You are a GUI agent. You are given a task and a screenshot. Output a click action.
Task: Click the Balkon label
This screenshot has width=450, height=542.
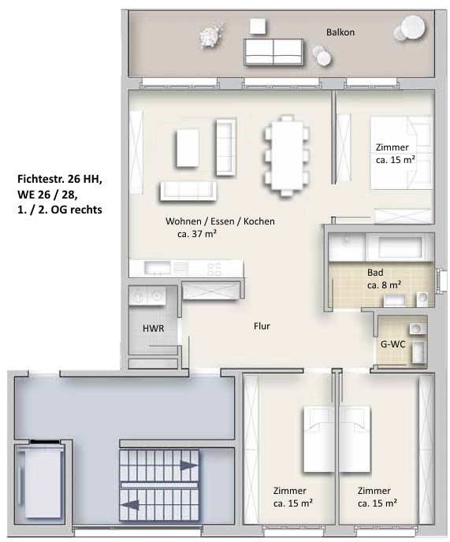(340, 32)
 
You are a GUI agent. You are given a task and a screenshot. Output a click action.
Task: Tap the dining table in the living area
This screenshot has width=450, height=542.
(286, 155)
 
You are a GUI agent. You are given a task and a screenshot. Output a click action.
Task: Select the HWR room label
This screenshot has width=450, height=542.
(153, 328)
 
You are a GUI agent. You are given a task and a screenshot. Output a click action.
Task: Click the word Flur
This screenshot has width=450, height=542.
(262, 326)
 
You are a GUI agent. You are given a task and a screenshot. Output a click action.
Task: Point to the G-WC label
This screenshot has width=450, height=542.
(393, 344)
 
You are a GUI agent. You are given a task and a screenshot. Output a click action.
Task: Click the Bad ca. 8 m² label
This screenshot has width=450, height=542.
(384, 279)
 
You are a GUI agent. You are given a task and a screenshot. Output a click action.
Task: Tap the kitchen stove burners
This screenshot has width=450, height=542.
(214, 269)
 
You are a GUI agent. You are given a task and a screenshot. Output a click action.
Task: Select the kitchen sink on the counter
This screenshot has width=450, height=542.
(158, 268)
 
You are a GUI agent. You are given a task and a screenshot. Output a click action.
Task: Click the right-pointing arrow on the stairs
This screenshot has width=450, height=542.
(189, 466)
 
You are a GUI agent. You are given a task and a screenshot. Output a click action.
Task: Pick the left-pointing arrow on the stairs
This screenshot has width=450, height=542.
(130, 505)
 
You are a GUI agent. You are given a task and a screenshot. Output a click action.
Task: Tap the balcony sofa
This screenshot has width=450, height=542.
(273, 52)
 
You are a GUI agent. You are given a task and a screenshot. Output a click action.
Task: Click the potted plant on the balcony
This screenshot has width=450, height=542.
(210, 34)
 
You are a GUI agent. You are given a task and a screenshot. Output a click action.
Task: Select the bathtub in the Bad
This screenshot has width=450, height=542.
(400, 247)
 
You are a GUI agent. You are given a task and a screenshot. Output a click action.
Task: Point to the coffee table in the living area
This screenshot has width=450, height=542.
(188, 148)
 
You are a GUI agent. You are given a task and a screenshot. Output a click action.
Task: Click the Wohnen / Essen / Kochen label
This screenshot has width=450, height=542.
(220, 221)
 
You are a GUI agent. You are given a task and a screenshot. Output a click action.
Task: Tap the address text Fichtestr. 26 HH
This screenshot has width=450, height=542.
(59, 180)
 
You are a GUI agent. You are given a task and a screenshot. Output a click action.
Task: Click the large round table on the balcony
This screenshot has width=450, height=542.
(413, 28)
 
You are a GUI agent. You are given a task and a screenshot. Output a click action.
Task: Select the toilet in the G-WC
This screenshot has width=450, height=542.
(419, 352)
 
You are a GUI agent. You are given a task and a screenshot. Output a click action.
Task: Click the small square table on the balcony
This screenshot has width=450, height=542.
(258, 26)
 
